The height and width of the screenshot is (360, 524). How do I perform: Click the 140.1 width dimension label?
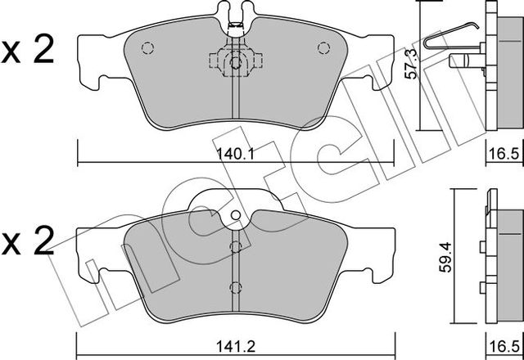tap(236, 154)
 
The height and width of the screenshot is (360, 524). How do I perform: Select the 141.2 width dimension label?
tap(236, 346)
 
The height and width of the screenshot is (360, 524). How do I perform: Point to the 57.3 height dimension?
tap(411, 64)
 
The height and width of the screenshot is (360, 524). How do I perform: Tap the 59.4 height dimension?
tap(445, 257)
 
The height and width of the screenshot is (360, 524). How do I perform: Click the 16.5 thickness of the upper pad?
tap(505, 155)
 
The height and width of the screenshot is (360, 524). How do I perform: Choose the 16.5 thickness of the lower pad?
tap(505, 346)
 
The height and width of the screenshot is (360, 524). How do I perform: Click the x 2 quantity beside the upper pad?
tap(27, 50)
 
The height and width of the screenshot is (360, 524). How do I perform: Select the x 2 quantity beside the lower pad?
tap(27, 241)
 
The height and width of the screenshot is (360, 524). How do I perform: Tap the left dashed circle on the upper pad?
tap(147, 48)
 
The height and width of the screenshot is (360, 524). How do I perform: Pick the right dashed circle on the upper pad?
tap(323, 48)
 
